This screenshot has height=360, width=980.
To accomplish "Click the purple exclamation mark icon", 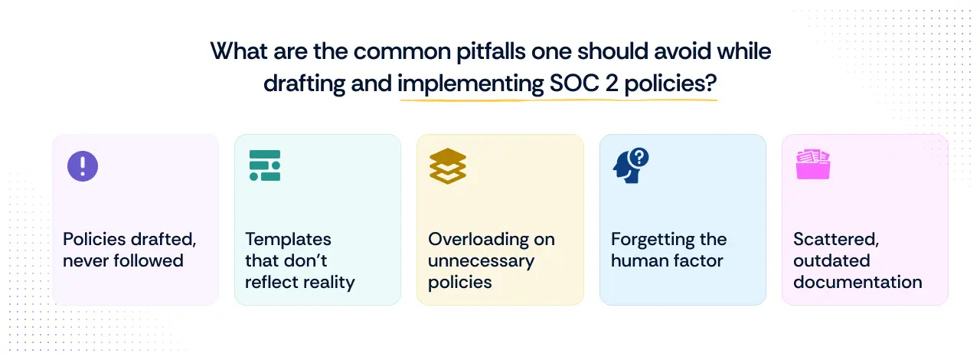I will (83, 165).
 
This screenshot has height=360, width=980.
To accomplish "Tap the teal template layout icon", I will (265, 165).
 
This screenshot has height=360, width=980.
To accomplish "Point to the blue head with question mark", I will (631, 165).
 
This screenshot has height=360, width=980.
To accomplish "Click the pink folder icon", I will (813, 165).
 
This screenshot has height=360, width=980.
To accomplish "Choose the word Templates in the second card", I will (288, 239).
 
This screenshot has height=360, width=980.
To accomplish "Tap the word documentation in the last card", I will (857, 282).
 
